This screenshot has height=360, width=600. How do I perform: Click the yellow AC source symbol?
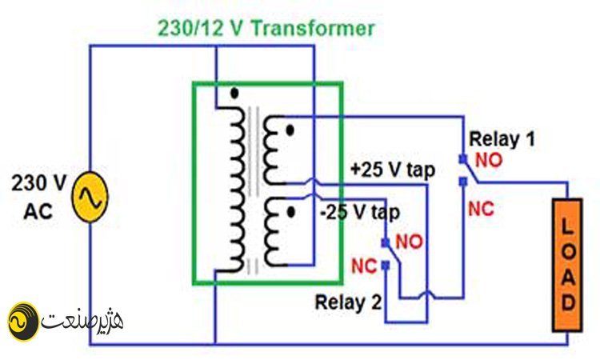(x=90, y=197)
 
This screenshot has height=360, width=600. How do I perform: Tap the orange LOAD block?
(x=567, y=265)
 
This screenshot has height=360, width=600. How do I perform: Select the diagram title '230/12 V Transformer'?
(x=266, y=28)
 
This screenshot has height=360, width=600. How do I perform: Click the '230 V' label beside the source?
(x=38, y=183)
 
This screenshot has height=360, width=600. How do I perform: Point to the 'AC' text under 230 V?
(x=38, y=211)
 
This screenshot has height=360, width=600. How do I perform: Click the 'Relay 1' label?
(x=502, y=138)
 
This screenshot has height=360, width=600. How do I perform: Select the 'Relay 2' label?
(x=348, y=302)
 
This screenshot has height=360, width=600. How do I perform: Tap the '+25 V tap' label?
(x=393, y=170)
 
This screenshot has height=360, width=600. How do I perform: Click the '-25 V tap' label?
(x=361, y=212)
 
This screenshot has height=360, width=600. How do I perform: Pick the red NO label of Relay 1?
(x=489, y=160)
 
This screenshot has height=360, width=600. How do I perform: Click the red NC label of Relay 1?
(x=481, y=209)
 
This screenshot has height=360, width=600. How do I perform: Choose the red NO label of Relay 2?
(x=409, y=242)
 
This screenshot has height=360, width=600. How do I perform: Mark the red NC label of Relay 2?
(x=364, y=266)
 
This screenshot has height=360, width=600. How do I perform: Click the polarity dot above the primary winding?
(x=234, y=93)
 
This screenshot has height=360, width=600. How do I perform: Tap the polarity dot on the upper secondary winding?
(x=290, y=131)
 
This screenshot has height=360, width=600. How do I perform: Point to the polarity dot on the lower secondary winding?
(x=291, y=212)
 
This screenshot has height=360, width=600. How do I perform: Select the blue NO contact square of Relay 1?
(x=463, y=158)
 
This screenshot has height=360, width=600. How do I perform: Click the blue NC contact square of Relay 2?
(x=386, y=264)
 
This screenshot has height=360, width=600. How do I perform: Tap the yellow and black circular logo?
(x=23, y=322)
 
